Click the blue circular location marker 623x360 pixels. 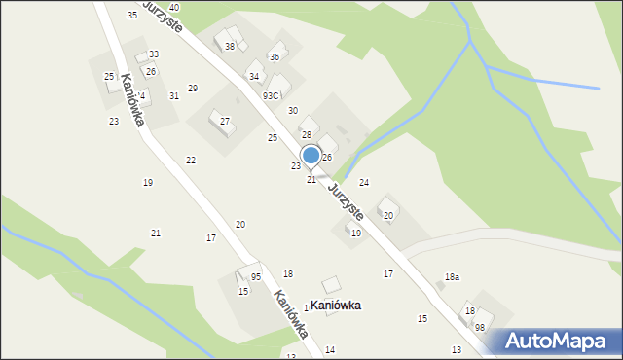tap(311, 155)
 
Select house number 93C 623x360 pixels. tap(271, 95)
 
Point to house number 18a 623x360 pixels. tap(452, 277)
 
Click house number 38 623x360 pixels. tap(230, 46)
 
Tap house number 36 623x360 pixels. tap(275, 57)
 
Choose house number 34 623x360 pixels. tap(254, 76)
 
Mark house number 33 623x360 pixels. tap(154, 54)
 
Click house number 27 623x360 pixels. tap(225, 121)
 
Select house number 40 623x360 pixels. tap(173, 7)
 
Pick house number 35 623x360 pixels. tap(132, 15)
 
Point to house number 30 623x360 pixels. tap(292, 111)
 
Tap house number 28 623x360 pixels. tap(306, 134)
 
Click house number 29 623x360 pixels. tap(193, 89)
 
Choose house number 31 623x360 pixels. tap(173, 95)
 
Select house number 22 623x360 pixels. tap(191, 160)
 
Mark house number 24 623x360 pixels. tap(364, 182)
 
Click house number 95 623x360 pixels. tap(256, 277)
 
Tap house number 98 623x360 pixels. tap(480, 328)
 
